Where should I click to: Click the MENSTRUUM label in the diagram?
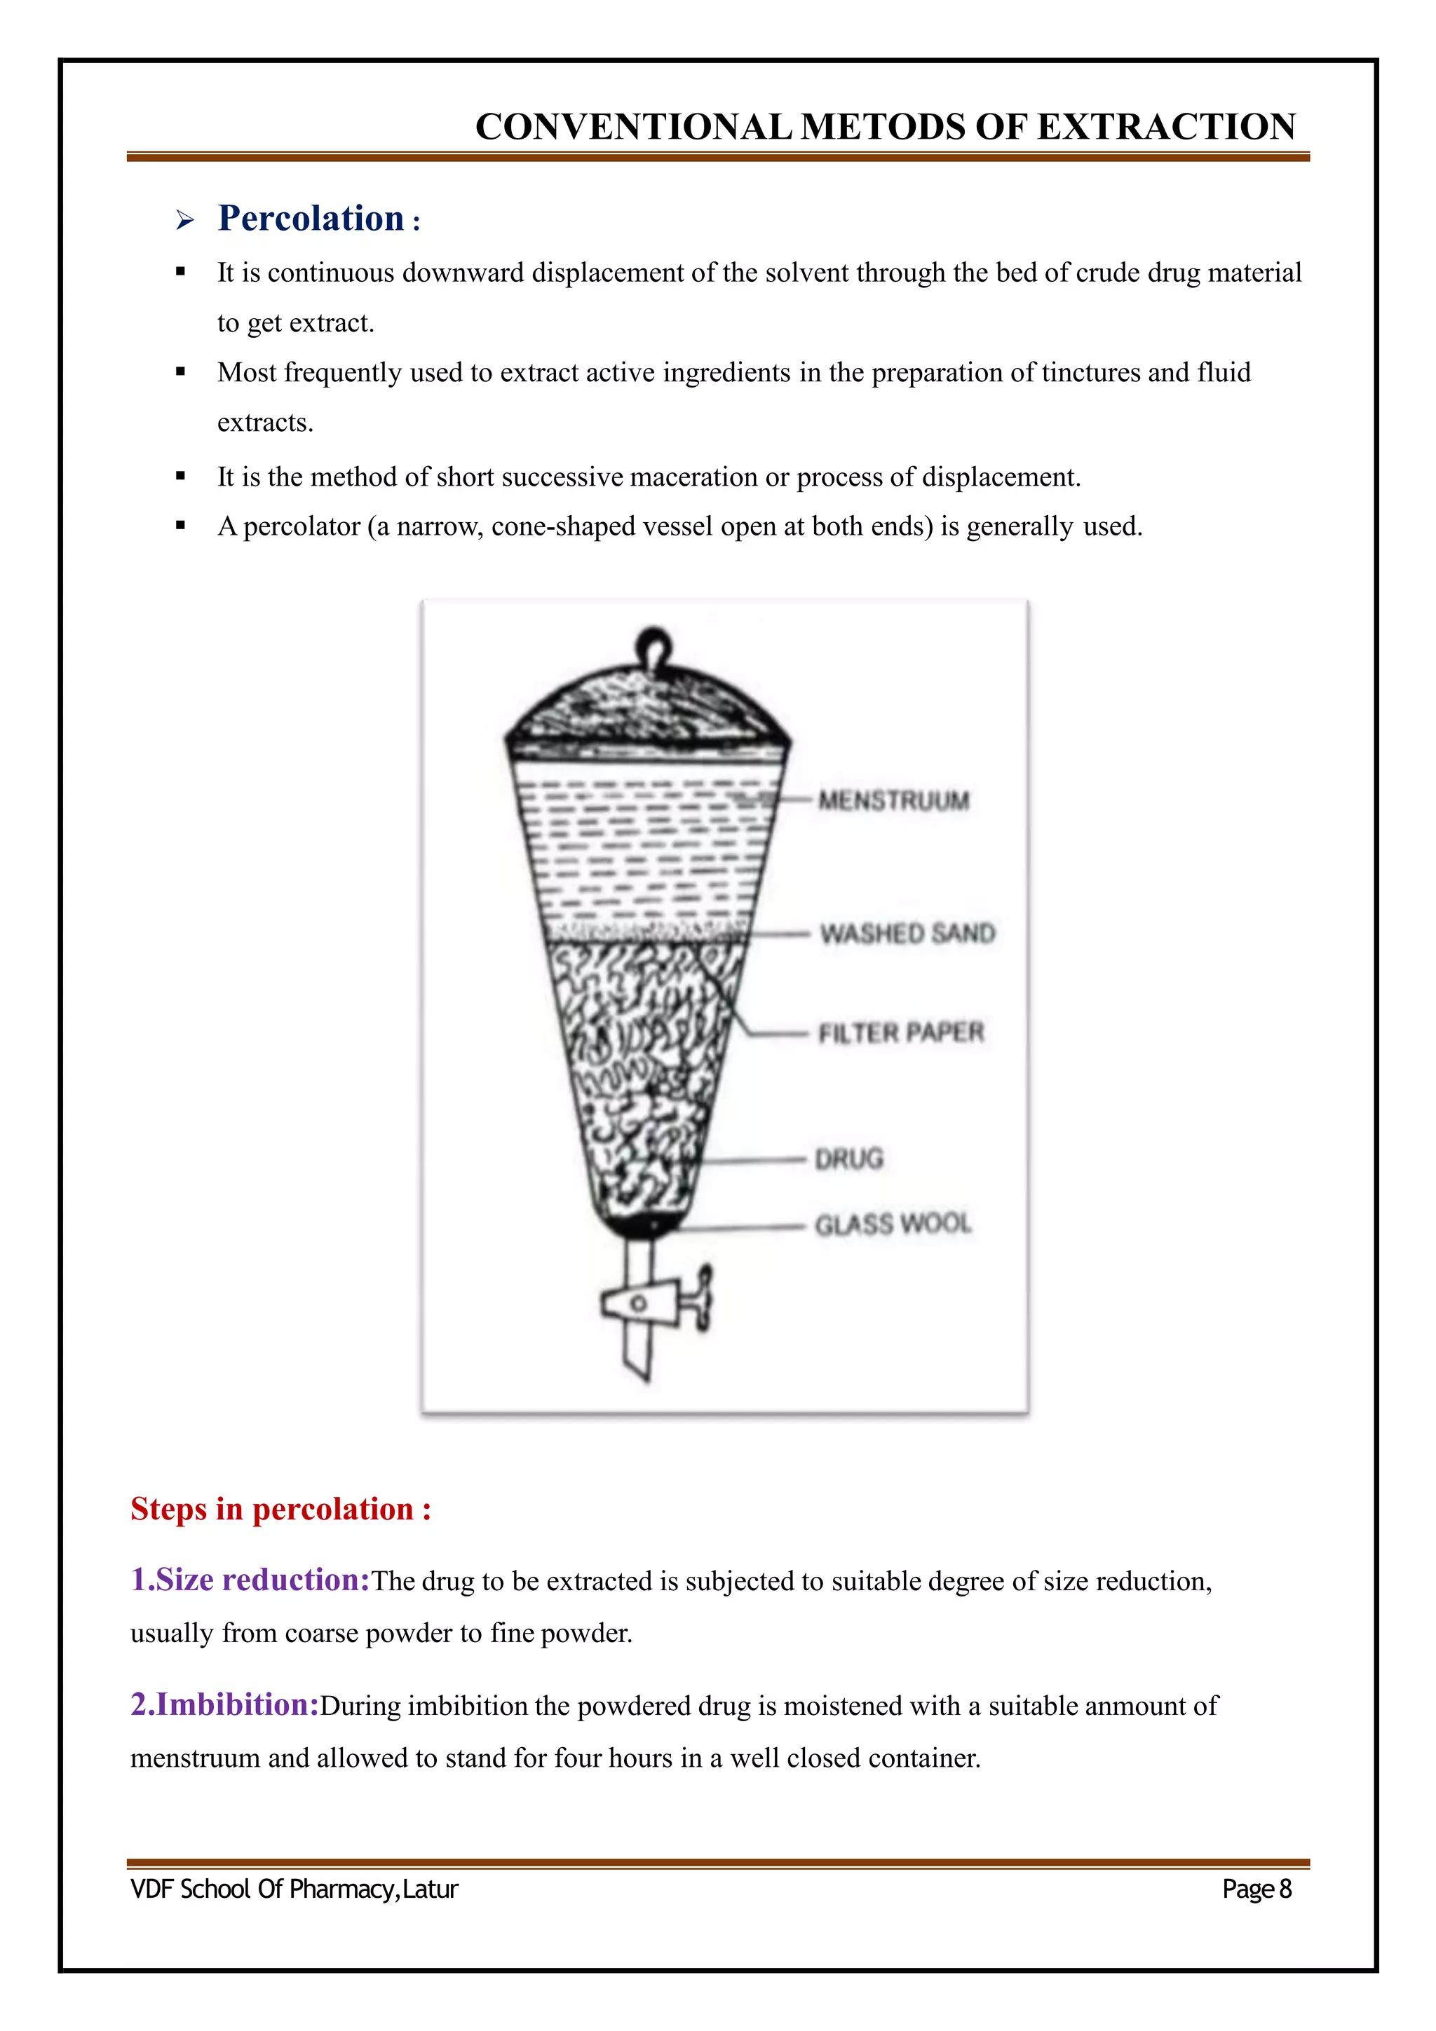tap(893, 800)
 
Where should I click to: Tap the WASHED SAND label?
tap(907, 934)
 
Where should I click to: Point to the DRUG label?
tap(848, 1158)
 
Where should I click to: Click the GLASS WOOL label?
tap(893, 1224)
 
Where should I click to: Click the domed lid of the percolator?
tap(648, 703)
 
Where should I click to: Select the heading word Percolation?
tap(311, 219)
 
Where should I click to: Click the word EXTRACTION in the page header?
tap(1166, 126)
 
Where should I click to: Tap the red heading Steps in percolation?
tap(280, 1508)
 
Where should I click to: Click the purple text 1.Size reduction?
tap(250, 1579)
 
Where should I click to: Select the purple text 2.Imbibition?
tap(225, 1704)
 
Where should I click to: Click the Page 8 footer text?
tap(1256, 1889)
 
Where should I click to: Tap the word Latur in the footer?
tap(431, 1889)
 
